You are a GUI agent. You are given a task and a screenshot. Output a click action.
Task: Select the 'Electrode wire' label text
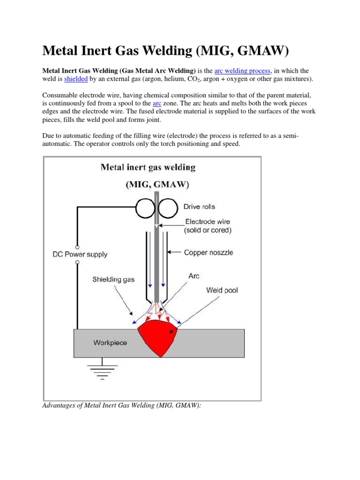[208, 222]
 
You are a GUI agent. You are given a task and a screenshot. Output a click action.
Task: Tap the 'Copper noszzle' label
[208, 253]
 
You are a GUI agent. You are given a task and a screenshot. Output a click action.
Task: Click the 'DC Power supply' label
[80, 255]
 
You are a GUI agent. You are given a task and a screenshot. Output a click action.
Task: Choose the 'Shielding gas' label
[113, 279]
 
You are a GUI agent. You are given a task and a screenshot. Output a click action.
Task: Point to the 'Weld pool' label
[222, 290]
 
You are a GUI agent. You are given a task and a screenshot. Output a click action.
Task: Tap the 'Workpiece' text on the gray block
[110, 343]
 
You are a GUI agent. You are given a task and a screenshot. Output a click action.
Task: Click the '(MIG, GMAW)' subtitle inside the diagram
[157, 185]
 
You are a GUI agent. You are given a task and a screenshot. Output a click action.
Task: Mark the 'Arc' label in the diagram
[194, 276]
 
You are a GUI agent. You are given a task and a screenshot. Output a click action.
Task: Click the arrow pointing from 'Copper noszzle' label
[174, 253]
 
